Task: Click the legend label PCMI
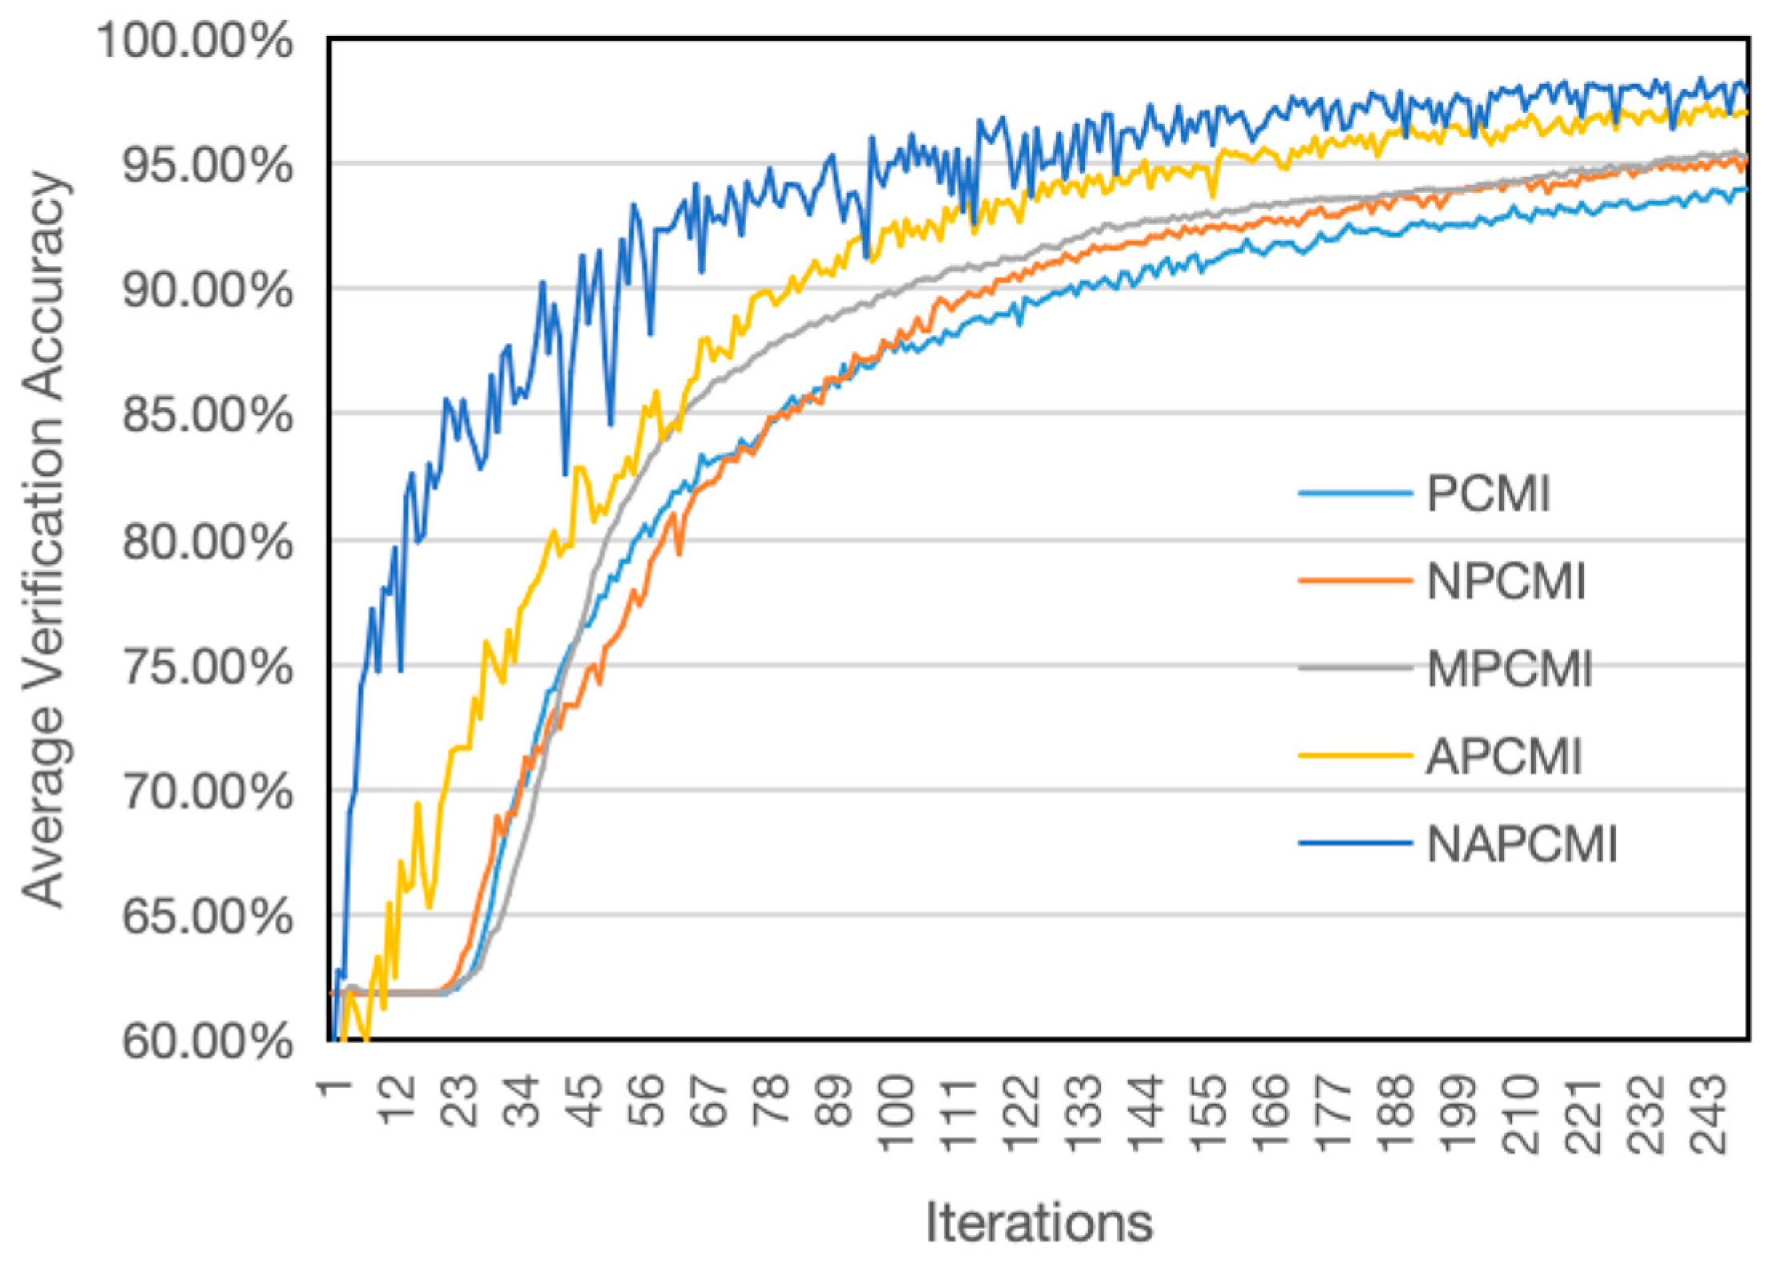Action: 1488,494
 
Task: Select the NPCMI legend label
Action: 1506,581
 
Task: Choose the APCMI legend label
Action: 1504,756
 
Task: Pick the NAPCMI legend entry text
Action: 1522,844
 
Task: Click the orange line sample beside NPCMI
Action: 1354,581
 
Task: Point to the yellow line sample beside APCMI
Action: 1354,756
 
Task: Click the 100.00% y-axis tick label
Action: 194,40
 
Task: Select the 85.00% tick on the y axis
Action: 207,414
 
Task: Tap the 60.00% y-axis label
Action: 207,1042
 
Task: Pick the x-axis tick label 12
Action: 397,1100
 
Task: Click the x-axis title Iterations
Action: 1039,1222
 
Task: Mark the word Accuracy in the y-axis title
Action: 44,284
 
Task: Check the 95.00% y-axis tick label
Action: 207,165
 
